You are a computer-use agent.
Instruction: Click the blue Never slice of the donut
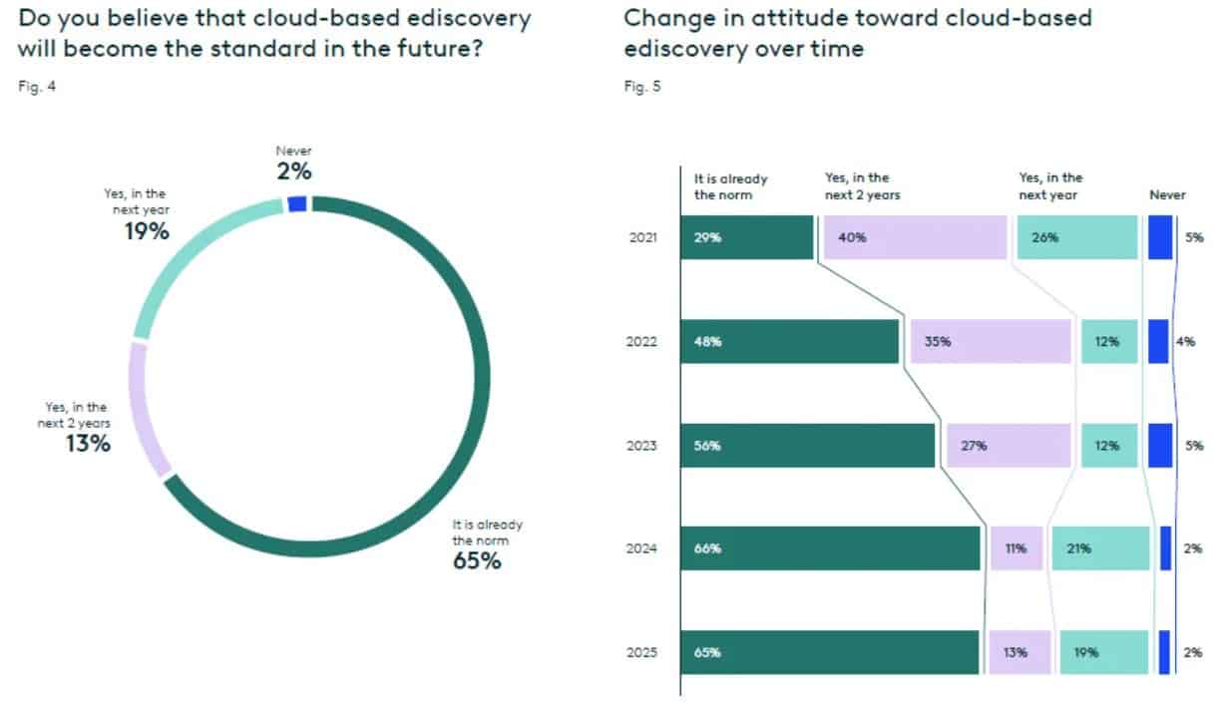pos(296,203)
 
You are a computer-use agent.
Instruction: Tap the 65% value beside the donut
pos(477,560)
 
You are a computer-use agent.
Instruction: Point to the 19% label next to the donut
pos(146,231)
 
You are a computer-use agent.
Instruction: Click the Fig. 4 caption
pos(37,87)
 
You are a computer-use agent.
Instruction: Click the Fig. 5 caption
pos(641,87)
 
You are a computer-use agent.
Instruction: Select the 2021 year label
pos(642,238)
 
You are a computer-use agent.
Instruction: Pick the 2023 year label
pos(642,446)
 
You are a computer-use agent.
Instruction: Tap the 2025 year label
pos(642,653)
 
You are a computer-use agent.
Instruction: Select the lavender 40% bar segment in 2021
pos(915,237)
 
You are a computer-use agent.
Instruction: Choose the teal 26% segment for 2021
pos(1076,237)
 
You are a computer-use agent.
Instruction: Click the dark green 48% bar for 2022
pos(789,341)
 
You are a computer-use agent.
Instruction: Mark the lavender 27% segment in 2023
pos(1008,445)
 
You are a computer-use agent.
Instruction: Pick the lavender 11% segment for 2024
pos(1016,548)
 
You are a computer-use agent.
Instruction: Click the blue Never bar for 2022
pos(1158,341)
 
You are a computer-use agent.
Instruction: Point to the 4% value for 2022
pos(1186,341)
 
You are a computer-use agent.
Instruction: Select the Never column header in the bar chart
pos(1167,195)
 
